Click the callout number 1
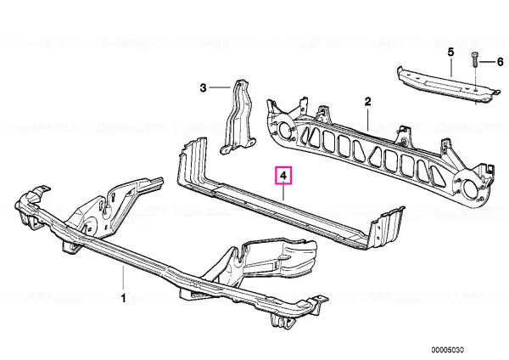pyautogui.click(x=123, y=298)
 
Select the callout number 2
pyautogui.click(x=367, y=102)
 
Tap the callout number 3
pyautogui.click(x=203, y=87)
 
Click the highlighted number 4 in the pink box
pyautogui.click(x=283, y=176)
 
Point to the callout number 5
pyautogui.click(x=450, y=52)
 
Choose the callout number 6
pyautogui.click(x=500, y=62)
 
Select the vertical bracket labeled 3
pyautogui.click(x=238, y=116)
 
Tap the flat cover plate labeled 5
pyautogui.click(x=447, y=83)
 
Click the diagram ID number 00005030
pyautogui.click(x=448, y=350)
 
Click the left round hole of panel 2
pyautogui.click(x=285, y=130)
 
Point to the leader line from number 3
pyautogui.click(x=220, y=87)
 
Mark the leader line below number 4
pyautogui.click(x=283, y=192)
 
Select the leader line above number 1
pyautogui.click(x=123, y=278)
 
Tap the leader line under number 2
pyautogui.click(x=367, y=119)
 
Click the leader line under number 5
pyautogui.click(x=451, y=67)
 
